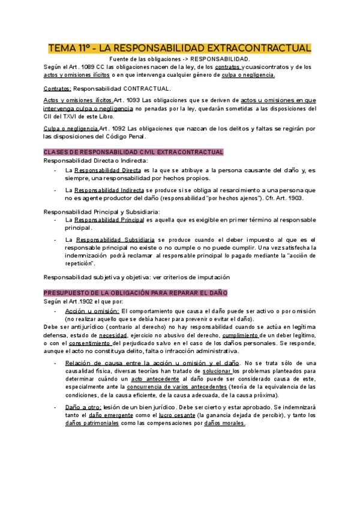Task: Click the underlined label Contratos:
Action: [x=57, y=88]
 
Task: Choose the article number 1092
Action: [x=121, y=128]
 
